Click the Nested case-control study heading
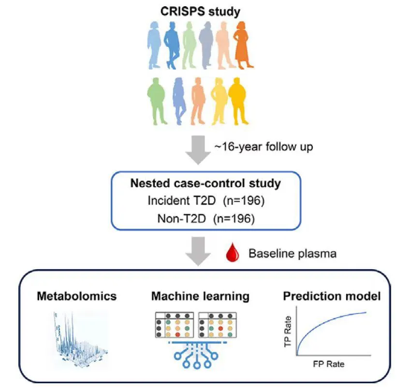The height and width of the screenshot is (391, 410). point(205,184)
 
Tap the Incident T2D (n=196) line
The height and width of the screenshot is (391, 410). point(205,201)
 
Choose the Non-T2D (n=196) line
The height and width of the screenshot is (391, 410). point(205,217)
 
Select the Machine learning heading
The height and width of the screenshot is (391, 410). point(201,295)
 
